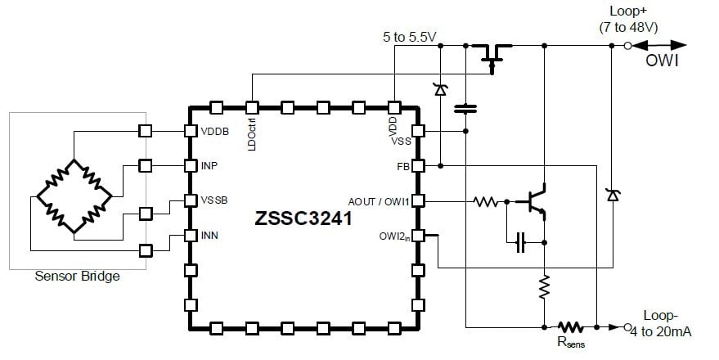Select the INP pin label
210,165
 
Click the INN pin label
210,236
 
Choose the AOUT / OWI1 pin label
378,200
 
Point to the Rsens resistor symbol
571,326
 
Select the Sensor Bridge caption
77,276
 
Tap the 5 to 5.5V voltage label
410,37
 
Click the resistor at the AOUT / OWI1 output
485,200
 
